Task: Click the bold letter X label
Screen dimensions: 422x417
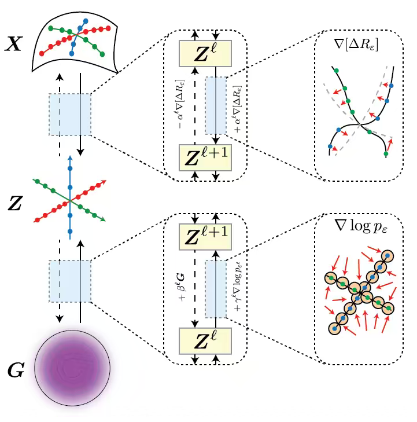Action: [x=14, y=44]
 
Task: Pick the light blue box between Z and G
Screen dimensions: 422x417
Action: [x=70, y=281]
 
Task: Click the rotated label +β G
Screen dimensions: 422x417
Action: [x=181, y=289]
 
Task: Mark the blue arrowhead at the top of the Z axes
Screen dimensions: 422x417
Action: [x=70, y=157]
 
